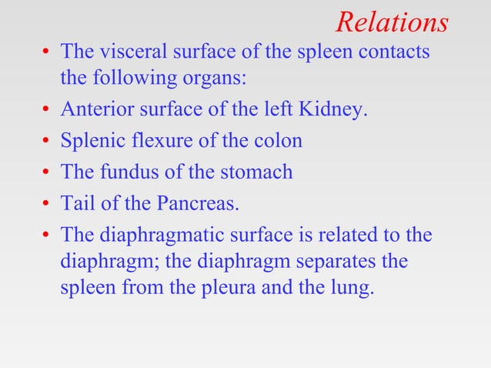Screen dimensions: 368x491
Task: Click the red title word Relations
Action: [392, 22]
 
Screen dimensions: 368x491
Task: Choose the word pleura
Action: [245, 291]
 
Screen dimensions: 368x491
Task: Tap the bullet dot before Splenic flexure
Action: [47, 142]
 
